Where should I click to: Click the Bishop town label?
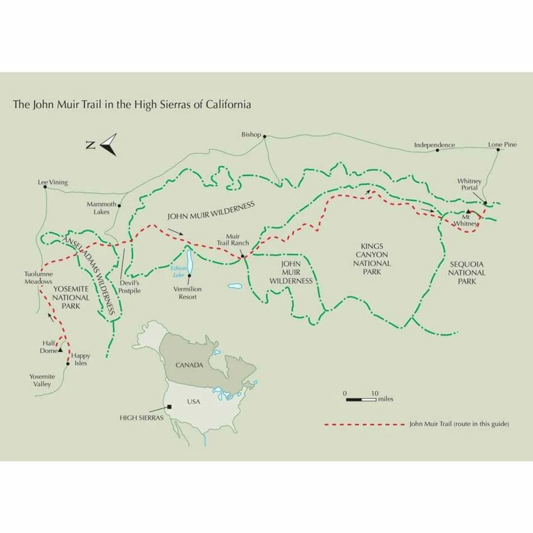(251, 134)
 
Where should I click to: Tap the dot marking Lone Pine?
(498, 149)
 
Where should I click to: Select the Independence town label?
(434, 145)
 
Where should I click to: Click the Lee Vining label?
(52, 182)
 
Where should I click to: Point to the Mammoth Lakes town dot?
(120, 205)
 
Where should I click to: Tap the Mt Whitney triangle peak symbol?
(468, 212)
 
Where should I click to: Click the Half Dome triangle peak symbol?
(60, 350)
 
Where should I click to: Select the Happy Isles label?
(80, 359)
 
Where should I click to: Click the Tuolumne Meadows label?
(38, 278)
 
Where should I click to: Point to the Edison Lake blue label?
(179, 271)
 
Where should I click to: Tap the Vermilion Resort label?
(187, 293)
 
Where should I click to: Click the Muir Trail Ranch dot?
(242, 257)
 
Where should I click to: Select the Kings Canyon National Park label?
(372, 259)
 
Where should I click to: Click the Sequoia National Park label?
(466, 273)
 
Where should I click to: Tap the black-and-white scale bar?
(361, 400)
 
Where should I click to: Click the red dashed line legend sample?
(364, 424)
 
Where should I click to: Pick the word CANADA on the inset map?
(189, 365)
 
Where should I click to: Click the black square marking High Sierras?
(169, 407)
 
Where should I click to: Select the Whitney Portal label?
(469, 184)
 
